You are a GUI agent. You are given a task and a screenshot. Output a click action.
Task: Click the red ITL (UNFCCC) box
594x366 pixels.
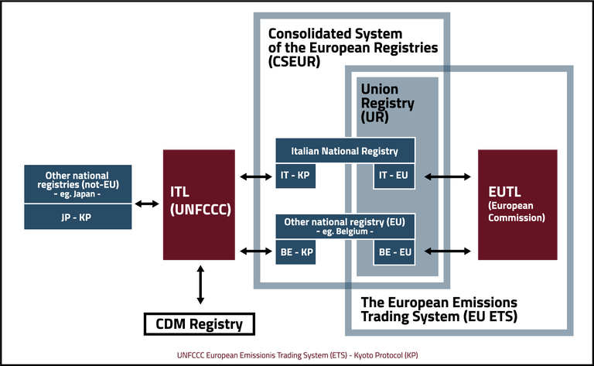click(x=198, y=204)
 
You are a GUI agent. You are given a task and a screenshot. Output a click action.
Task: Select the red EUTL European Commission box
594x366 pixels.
click(x=517, y=204)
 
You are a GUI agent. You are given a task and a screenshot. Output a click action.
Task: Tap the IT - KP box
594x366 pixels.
click(x=295, y=176)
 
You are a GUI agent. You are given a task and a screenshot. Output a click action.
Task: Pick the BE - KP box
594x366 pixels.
click(x=295, y=252)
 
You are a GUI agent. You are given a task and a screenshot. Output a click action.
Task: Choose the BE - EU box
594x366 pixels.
click(x=394, y=252)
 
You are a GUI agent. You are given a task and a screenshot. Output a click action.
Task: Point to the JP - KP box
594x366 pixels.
click(x=76, y=217)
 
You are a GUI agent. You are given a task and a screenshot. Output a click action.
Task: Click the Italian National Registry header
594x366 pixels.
click(x=345, y=150)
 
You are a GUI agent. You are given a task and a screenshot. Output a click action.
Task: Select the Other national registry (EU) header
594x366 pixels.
click(x=345, y=226)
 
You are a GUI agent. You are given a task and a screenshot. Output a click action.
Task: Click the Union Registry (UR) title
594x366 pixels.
click(x=387, y=104)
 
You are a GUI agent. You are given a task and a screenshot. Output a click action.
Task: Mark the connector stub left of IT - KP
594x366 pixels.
click(x=256, y=177)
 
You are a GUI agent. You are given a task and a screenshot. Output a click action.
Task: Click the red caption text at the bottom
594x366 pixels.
click(x=297, y=354)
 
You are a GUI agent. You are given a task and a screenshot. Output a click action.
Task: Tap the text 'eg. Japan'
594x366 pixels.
click(x=76, y=196)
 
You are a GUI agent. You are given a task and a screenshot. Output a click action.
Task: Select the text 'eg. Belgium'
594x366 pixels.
click(x=345, y=232)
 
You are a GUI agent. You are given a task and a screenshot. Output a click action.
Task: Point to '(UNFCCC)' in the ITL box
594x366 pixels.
click(x=200, y=209)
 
